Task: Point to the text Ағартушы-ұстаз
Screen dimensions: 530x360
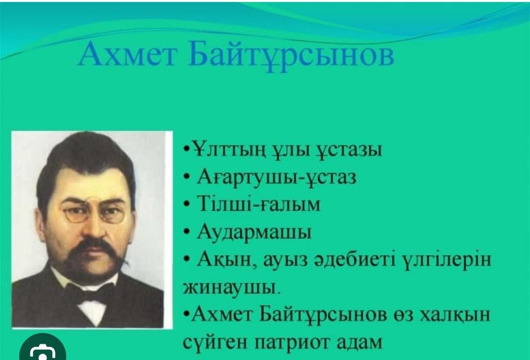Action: coord(276,177)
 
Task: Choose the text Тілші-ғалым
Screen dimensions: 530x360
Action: coord(259,204)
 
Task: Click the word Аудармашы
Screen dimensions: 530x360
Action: coord(254,233)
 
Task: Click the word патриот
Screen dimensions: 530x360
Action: coord(292,342)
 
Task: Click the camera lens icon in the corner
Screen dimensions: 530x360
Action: coord(43,352)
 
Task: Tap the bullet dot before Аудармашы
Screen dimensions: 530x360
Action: coord(186,232)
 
